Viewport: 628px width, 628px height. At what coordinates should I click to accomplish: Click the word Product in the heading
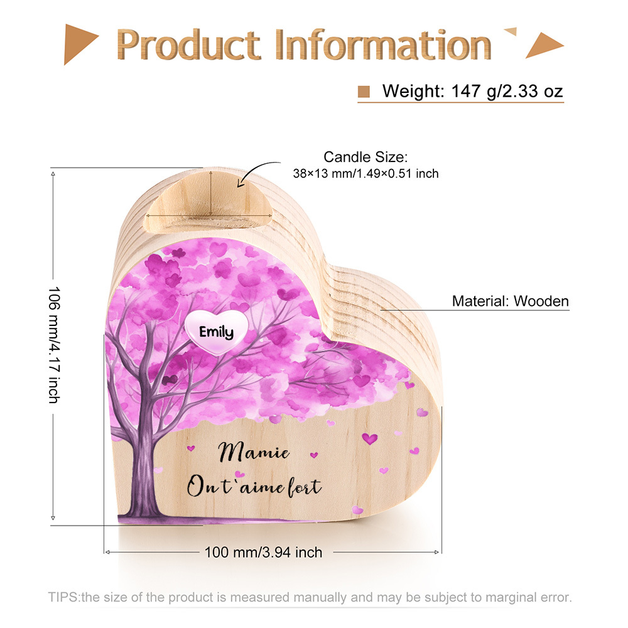pyautogui.click(x=188, y=45)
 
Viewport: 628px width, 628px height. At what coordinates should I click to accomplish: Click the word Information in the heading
pyautogui.click(x=383, y=44)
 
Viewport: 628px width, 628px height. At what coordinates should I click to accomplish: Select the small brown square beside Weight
pyautogui.click(x=364, y=92)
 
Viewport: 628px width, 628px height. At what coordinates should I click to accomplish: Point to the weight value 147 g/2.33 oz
pyautogui.click(x=507, y=91)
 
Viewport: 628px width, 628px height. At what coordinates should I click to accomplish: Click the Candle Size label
pyautogui.click(x=365, y=157)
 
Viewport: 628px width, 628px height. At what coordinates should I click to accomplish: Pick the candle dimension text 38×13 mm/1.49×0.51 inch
pyautogui.click(x=365, y=173)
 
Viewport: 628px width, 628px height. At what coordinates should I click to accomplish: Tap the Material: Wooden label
pyautogui.click(x=510, y=301)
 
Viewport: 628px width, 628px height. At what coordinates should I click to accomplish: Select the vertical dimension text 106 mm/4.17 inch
pyautogui.click(x=54, y=345)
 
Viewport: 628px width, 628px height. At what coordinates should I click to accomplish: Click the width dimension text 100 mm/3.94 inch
pyautogui.click(x=263, y=552)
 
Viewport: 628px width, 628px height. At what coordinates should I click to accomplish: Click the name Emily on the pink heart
pyautogui.click(x=216, y=332)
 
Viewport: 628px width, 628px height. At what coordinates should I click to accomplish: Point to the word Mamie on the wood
pyautogui.click(x=254, y=452)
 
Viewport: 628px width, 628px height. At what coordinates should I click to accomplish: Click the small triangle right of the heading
pyautogui.click(x=510, y=31)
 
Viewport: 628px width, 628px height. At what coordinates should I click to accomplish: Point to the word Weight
pyautogui.click(x=413, y=91)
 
